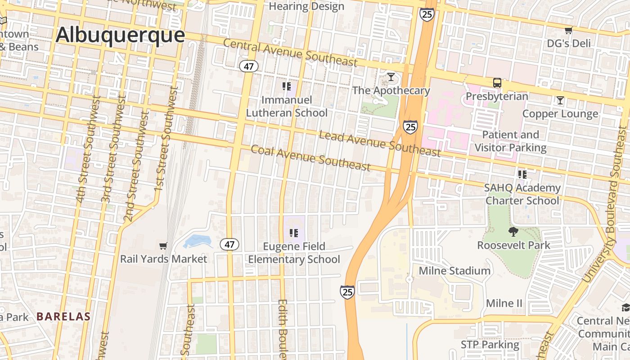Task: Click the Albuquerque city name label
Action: pos(120,35)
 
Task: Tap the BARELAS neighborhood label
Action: pos(63,316)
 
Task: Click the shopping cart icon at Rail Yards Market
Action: pos(163,246)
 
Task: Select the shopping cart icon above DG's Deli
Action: pos(568,31)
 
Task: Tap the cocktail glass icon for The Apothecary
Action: pos(391,77)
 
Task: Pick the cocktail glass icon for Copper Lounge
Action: pos(560,100)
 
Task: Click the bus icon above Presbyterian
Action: pos(497,83)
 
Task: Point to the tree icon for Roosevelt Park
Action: pos(513,232)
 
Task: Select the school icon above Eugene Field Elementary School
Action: pos(294,233)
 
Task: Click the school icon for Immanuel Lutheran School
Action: pos(287,86)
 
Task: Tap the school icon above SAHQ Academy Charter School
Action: pos(522,174)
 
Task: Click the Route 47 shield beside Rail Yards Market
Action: pos(229,245)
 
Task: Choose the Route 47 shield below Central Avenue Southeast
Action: pos(248,67)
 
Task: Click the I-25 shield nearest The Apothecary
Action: pos(410,127)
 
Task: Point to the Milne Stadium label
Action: pos(454,270)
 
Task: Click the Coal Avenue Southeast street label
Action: pos(310,158)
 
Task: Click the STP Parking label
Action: pos(490,345)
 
